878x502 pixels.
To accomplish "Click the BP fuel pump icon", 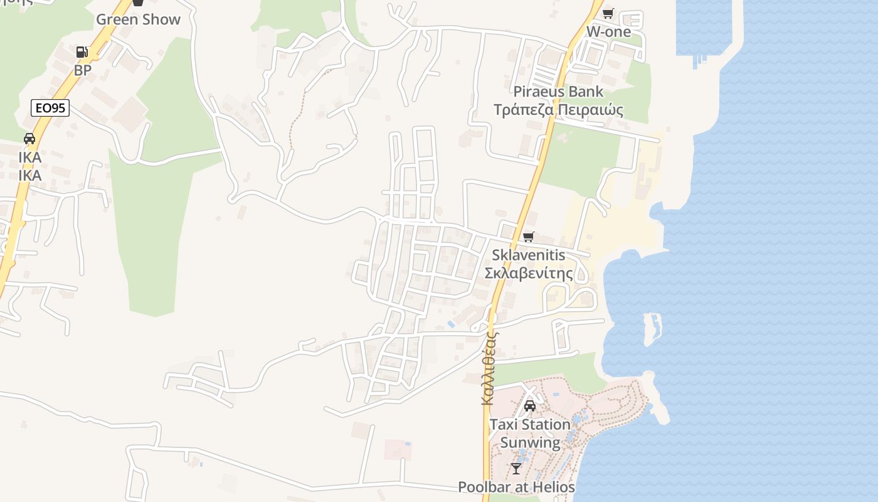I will point(82,52).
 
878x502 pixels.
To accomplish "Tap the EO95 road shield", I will point(50,108).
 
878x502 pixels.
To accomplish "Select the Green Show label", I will point(138,19).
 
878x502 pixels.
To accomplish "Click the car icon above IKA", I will point(29,139).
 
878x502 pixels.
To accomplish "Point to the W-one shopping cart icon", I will point(608,13).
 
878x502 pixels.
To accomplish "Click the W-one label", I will point(608,31).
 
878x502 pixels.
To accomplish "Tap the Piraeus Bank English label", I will point(558,92).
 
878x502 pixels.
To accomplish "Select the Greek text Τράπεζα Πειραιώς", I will point(558,110).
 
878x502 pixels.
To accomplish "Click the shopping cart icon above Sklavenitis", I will point(528,237).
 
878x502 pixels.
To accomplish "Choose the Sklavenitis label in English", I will point(528,255).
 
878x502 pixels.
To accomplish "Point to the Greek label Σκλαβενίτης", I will point(528,273).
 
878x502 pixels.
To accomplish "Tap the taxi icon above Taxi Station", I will point(530,406).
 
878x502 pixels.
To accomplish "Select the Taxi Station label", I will point(530,425).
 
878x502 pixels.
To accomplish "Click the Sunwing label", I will point(530,442).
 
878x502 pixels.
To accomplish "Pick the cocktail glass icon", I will point(516,468).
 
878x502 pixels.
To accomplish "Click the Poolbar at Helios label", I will point(516,487).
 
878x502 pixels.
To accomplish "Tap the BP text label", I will point(83,70).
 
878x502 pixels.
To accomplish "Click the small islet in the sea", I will point(652,328).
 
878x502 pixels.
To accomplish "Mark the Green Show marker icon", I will point(138,3).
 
